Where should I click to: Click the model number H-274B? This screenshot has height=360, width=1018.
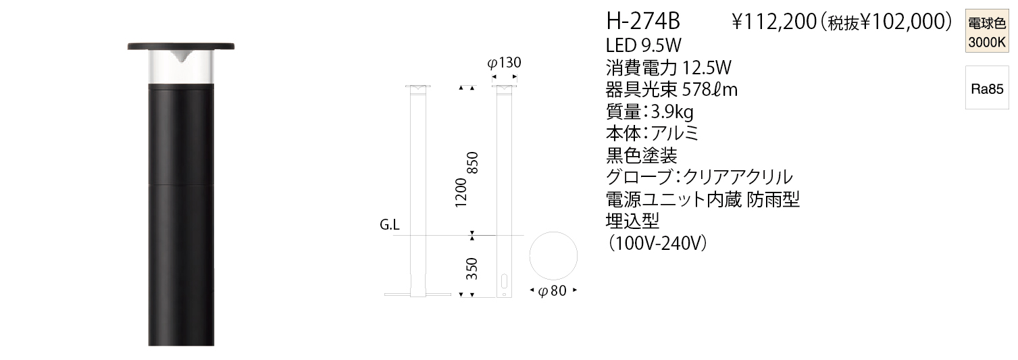pyautogui.click(x=643, y=22)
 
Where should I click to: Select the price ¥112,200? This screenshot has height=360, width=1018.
pyautogui.click(x=774, y=22)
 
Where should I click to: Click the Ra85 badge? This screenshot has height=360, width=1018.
pyautogui.click(x=987, y=88)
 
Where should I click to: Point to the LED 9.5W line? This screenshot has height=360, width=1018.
pyautogui.click(x=644, y=45)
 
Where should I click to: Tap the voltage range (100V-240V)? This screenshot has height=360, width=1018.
pyautogui.click(x=657, y=244)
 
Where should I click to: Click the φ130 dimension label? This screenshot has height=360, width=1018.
pyautogui.click(x=504, y=62)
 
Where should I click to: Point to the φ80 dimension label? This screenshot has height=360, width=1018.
pyautogui.click(x=552, y=290)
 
